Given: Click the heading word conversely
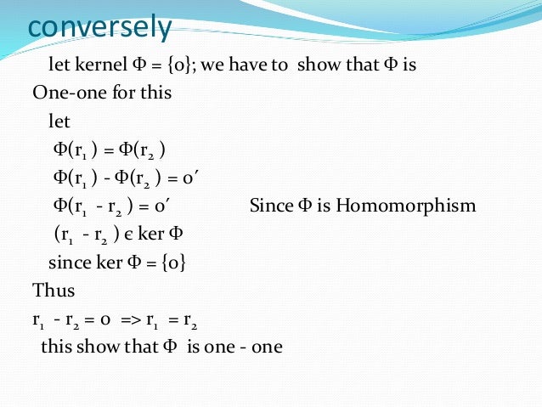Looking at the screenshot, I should point(99,27).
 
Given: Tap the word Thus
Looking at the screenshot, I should point(54,291).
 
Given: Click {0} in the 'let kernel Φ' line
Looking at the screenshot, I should point(175,65).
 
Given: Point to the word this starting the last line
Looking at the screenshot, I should point(57,348).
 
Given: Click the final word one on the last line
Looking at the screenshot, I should point(265,348).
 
